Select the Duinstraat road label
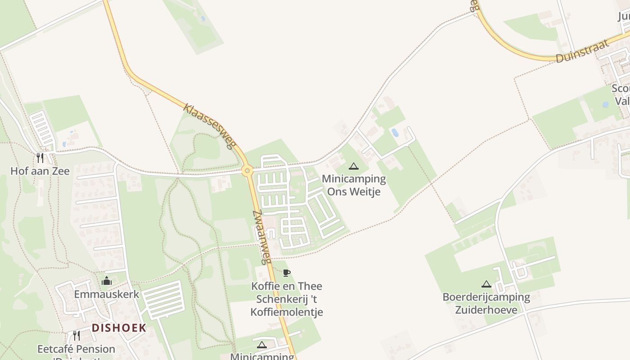[583, 51]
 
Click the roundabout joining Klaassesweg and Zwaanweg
[247, 171]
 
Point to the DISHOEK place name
[119, 328]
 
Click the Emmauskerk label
[107, 294]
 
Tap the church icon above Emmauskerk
[107, 281]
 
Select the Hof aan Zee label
[40, 171]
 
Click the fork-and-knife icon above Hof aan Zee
[40, 157]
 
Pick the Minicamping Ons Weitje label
[354, 185]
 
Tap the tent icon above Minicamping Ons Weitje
[354, 166]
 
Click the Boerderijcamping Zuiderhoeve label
[486, 303]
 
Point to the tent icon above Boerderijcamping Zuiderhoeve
[486, 284]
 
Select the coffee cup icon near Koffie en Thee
[287, 273]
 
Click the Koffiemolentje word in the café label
[287, 312]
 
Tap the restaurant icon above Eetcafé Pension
[76, 336]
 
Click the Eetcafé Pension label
[76, 349]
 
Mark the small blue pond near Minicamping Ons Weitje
[395, 132]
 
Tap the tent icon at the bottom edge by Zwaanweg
[261, 345]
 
